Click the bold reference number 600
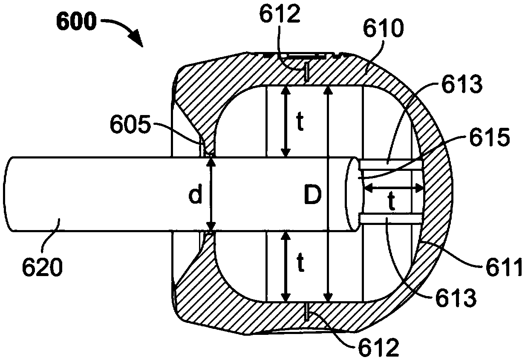coord(76,22)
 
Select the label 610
coord(383,28)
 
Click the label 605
coord(130,125)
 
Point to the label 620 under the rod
coord(43,267)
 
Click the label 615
coord(489,138)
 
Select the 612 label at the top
coord(280,14)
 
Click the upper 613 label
coord(462,84)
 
